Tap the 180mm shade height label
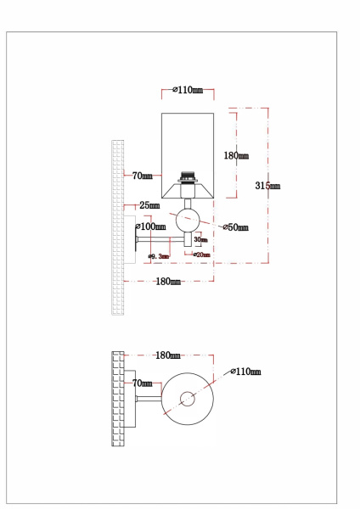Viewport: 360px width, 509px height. [235, 156]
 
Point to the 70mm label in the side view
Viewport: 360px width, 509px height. [142, 176]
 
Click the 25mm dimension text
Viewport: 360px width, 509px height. [149, 205]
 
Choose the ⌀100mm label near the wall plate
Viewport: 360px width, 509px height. [152, 227]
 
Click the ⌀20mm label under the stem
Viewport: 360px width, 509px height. [200, 254]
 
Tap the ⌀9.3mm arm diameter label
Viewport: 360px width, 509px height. [158, 255]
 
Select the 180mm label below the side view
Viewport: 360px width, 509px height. [168, 281]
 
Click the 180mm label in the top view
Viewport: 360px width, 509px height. [168, 355]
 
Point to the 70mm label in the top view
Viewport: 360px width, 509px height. [142, 383]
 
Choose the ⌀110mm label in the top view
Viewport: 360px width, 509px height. [245, 372]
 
